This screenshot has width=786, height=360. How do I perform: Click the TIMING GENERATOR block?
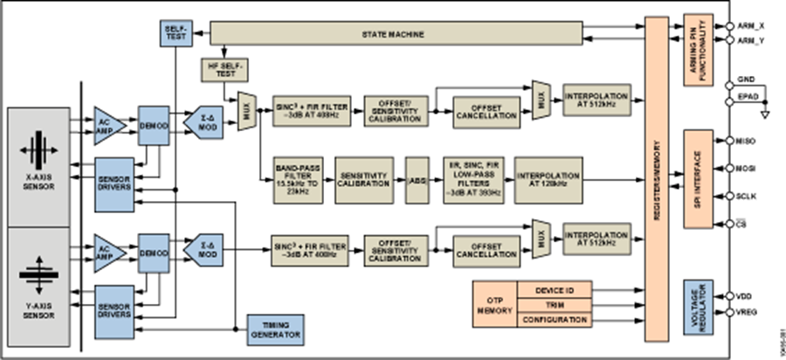point(275,329)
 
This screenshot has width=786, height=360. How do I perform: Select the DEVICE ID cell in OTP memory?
point(555,290)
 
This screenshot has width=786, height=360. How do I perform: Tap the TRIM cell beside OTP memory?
point(555,305)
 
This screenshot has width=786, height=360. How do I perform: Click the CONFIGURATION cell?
point(555,320)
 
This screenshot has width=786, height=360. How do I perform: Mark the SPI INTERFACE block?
point(698,179)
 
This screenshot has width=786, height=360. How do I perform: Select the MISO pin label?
point(748,141)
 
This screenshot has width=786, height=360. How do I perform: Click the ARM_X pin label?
point(750,26)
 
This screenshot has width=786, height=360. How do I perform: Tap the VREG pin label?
point(748,312)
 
